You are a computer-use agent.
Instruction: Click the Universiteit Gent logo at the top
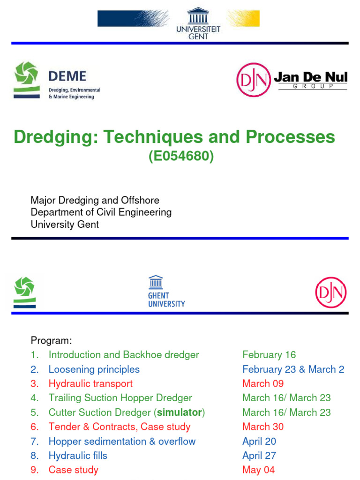tap(198, 23)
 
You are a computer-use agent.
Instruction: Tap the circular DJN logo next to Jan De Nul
tap(254, 80)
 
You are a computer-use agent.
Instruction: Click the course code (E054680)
tap(181, 157)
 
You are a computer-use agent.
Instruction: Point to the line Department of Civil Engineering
tap(101, 212)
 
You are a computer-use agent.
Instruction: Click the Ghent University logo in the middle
tap(166, 291)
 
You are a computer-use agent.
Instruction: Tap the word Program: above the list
tap(52, 340)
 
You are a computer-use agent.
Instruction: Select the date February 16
tap(269, 355)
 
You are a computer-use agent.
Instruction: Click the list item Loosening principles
tap(94, 369)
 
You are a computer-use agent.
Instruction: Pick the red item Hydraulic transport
tap(90, 384)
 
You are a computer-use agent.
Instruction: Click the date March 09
tap(263, 384)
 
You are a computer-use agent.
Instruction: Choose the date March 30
tap(263, 427)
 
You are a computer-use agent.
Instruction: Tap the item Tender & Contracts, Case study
tap(120, 427)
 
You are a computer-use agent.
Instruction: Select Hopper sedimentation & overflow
tap(122, 442)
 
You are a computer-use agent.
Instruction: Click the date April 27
tap(259, 456)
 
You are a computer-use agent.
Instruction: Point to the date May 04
tap(258, 470)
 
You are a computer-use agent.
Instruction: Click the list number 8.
tap(34, 456)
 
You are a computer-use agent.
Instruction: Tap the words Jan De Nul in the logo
tap(310, 76)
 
